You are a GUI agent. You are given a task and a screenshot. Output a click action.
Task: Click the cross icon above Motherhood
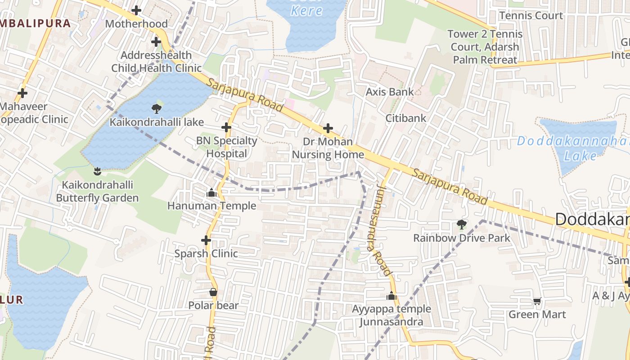pos(136,10)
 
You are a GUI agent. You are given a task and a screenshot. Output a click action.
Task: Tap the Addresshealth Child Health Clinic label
pos(156,62)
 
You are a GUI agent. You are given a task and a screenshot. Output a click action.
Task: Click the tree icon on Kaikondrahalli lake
pos(157,108)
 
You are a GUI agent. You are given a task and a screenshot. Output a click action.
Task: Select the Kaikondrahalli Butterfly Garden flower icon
pos(97,171)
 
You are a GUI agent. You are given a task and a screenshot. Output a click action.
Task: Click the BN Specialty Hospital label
pos(227,147)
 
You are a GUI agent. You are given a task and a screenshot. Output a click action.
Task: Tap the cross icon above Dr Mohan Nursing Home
pos(328,128)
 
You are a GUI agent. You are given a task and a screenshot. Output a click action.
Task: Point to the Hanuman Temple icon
pos(211,193)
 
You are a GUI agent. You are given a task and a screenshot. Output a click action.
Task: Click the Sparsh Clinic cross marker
pos(206,240)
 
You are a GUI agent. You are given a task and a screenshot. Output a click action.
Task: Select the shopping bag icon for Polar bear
pos(213,292)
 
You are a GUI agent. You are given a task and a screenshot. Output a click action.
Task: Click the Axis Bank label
pos(390,92)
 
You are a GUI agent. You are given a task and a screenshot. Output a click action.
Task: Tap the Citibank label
pos(406,118)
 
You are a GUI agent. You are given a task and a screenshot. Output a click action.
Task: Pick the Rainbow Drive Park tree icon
pos(461,224)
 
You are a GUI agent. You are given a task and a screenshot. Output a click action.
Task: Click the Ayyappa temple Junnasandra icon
pos(391,296)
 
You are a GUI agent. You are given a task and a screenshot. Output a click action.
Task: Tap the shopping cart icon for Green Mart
pos(537,301)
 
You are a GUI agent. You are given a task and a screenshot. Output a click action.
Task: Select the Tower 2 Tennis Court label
pos(485,47)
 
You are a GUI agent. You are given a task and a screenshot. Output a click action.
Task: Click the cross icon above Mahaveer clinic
pos(22,93)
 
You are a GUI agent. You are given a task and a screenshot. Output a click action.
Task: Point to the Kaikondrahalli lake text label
pos(157,122)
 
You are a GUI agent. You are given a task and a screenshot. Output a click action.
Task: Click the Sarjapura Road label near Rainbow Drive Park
pos(450,187)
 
